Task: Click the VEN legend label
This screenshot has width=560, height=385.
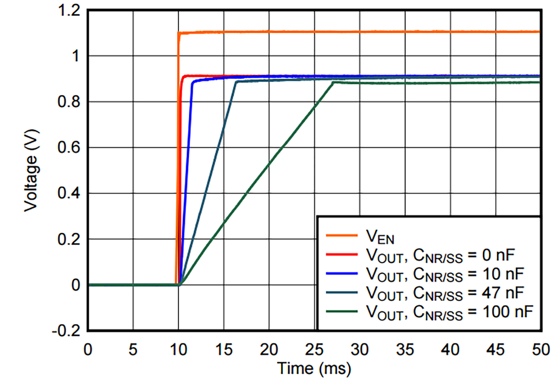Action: point(380,237)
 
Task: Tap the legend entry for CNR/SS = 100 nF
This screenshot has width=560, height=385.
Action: point(449,312)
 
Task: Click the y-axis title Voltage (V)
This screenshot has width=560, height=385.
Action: point(31,170)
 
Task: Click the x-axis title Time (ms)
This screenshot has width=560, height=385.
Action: point(314,369)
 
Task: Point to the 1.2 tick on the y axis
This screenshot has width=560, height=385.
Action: point(69,10)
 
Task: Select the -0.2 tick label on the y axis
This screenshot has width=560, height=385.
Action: point(66,331)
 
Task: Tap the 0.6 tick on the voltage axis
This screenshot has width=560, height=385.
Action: point(69,148)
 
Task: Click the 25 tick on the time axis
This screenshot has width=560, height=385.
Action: point(314,350)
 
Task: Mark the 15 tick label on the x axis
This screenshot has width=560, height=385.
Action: point(224,350)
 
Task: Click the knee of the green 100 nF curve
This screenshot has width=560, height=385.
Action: point(333,82)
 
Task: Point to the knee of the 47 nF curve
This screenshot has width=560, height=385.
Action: point(236,81)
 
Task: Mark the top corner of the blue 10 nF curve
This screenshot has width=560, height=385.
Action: point(192,82)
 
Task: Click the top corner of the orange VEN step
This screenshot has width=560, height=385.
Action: point(178,33)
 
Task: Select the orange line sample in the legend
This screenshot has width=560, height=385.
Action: point(342,235)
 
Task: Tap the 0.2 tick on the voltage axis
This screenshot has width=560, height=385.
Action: point(69,240)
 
